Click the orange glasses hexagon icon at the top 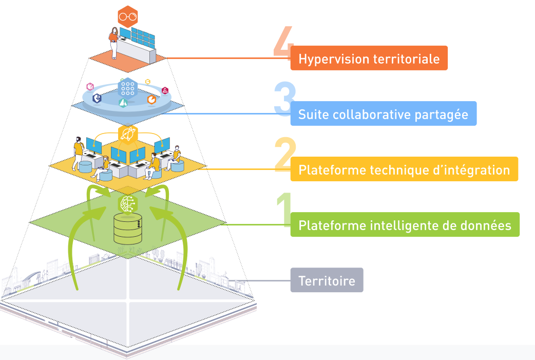pyautogui.click(x=127, y=16)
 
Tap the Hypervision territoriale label pyautogui.click(x=369, y=58)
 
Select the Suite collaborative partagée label pyautogui.click(x=383, y=113)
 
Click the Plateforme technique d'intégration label pyautogui.click(x=404, y=169)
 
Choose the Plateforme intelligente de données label pyautogui.click(x=405, y=224)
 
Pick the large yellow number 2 pyautogui.click(x=285, y=154)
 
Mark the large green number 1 pyautogui.click(x=284, y=210)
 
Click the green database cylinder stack pyautogui.click(x=127, y=229)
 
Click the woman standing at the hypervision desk pyautogui.click(x=113, y=43)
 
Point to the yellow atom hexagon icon pyautogui.click(x=127, y=135)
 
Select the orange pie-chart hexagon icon pyautogui.click(x=151, y=99)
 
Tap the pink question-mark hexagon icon pyautogui.click(x=90, y=86)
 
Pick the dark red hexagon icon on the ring pyautogui.click(x=165, y=90)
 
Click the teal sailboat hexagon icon pyautogui.click(x=123, y=103)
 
